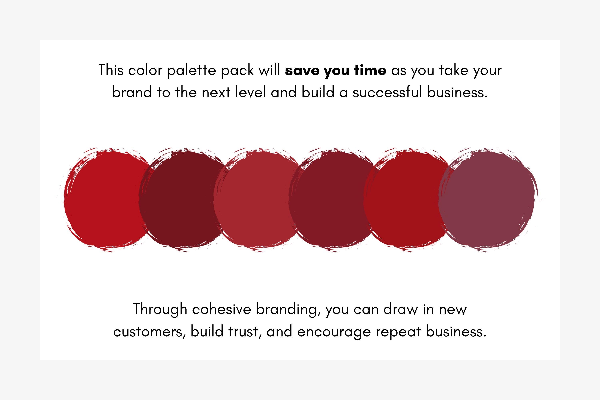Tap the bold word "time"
click(x=370, y=70)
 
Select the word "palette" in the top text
click(x=191, y=71)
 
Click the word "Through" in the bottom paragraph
click(x=160, y=309)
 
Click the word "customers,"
click(x=149, y=332)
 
